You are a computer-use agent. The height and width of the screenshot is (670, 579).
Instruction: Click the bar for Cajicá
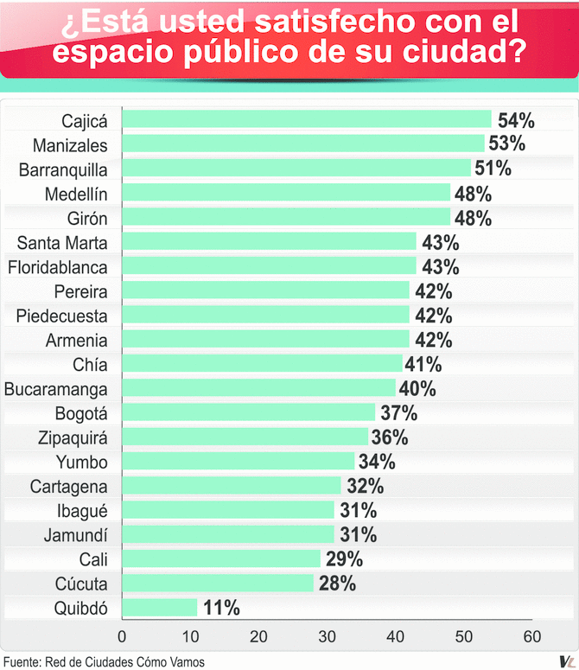pyautogui.click(x=307, y=119)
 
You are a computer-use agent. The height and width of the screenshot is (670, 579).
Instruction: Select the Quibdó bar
pyautogui.click(x=160, y=608)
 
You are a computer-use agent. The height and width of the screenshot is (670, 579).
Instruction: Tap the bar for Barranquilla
pyautogui.click(x=296, y=168)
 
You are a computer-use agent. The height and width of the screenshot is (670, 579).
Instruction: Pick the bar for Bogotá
pyautogui.click(x=249, y=412)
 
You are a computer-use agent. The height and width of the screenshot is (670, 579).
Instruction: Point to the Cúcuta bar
pyautogui.click(x=218, y=584)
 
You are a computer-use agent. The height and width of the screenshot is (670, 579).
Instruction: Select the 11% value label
pyautogui.click(x=221, y=609)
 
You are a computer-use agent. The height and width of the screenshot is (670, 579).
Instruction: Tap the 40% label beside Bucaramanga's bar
pyautogui.click(x=417, y=388)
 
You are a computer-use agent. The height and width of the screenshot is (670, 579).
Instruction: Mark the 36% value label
pyautogui.click(x=390, y=437)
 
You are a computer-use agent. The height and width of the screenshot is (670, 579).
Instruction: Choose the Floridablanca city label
pyautogui.click(x=57, y=266)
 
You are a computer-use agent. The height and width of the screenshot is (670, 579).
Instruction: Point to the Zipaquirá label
pyautogui.click(x=69, y=437)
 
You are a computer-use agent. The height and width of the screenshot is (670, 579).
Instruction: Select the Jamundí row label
pyautogui.click(x=76, y=535)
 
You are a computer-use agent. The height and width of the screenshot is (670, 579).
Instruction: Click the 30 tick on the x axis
pyautogui.click(x=327, y=638)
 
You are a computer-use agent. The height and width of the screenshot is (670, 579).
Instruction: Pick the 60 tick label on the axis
pyautogui.click(x=532, y=638)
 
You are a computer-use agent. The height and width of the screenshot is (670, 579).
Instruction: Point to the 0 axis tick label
pyautogui.click(x=122, y=638)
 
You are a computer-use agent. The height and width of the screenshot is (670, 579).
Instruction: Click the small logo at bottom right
pyautogui.click(x=563, y=660)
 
